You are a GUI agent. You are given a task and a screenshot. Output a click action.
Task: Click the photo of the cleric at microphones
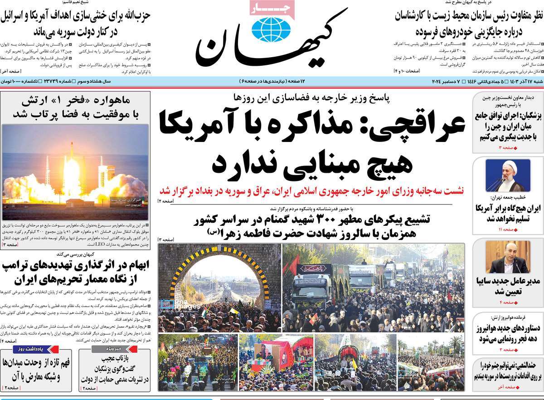point(508,175)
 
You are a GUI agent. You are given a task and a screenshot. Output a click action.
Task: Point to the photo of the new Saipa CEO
point(508,257)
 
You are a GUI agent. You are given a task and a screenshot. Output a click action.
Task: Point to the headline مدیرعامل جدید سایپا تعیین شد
point(508,286)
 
